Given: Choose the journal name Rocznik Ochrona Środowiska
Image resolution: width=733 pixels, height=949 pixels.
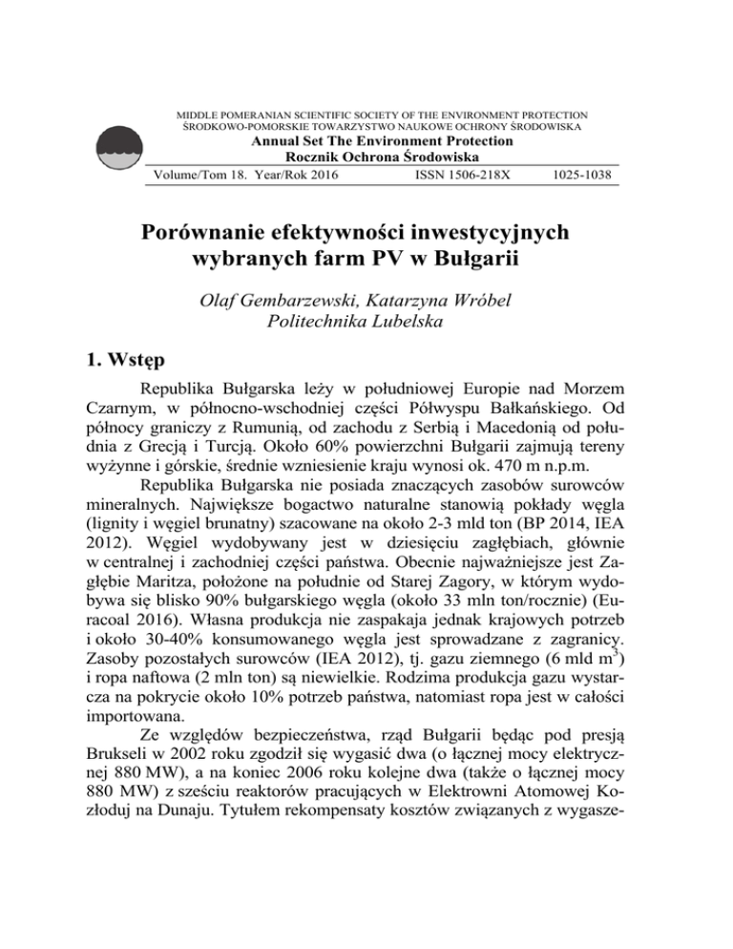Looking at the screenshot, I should [x=366, y=159].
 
